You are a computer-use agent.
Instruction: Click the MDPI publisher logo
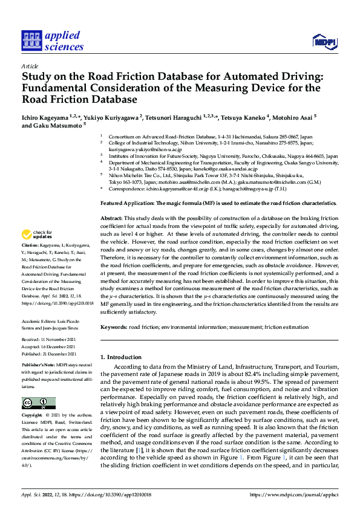coord(324,41)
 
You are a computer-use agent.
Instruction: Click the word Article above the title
coord(30,66)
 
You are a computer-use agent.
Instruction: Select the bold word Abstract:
coord(111,218)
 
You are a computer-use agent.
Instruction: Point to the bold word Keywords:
coord(114,327)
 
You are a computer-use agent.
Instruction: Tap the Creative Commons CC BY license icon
coord(38,403)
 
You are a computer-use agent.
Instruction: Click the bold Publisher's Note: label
coord(40,366)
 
